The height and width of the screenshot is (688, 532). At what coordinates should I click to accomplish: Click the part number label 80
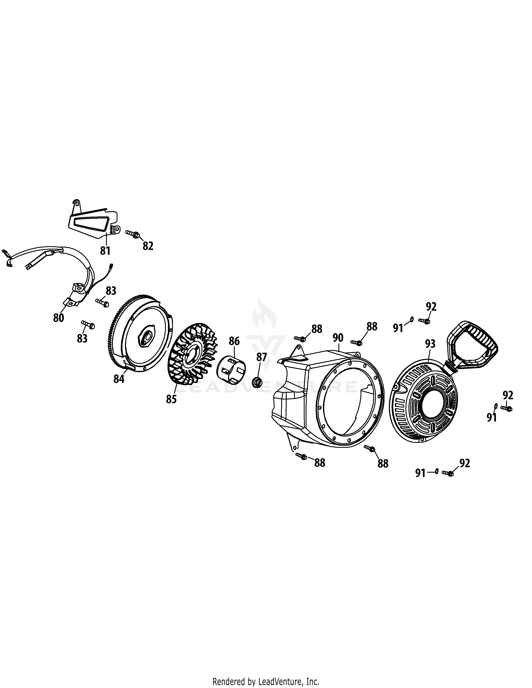(59, 318)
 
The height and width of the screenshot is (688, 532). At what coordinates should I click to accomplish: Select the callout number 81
(105, 251)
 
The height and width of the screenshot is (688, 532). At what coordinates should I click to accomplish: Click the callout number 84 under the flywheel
(119, 379)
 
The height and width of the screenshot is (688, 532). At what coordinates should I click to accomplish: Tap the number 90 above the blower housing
(338, 338)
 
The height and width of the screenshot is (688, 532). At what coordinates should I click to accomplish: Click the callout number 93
(430, 343)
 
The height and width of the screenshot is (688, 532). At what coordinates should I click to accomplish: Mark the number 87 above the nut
(262, 357)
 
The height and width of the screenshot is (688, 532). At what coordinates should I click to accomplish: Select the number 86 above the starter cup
(234, 341)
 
